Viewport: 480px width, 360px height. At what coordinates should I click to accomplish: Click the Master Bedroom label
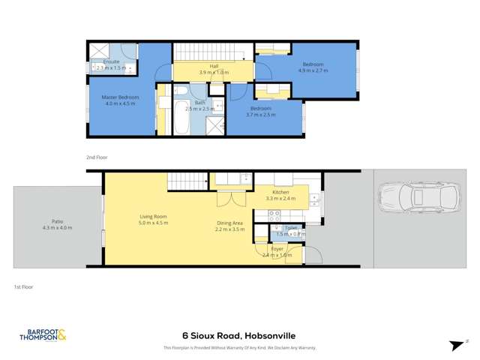coord(121,97)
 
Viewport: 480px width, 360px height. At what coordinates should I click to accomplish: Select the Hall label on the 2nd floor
coord(214,66)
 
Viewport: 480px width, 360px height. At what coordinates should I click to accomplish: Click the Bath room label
coord(199,102)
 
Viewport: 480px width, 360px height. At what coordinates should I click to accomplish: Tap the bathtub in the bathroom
coord(181,116)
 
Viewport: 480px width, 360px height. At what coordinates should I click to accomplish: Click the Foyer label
coord(277,248)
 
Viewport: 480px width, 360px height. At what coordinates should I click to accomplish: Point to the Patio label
coord(57,221)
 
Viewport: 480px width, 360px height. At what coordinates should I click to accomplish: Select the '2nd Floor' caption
coord(97,158)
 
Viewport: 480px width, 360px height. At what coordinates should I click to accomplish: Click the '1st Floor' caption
coord(23,286)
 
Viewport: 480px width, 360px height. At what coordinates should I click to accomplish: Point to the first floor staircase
coord(185,181)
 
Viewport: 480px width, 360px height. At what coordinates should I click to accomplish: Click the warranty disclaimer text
coord(239,348)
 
